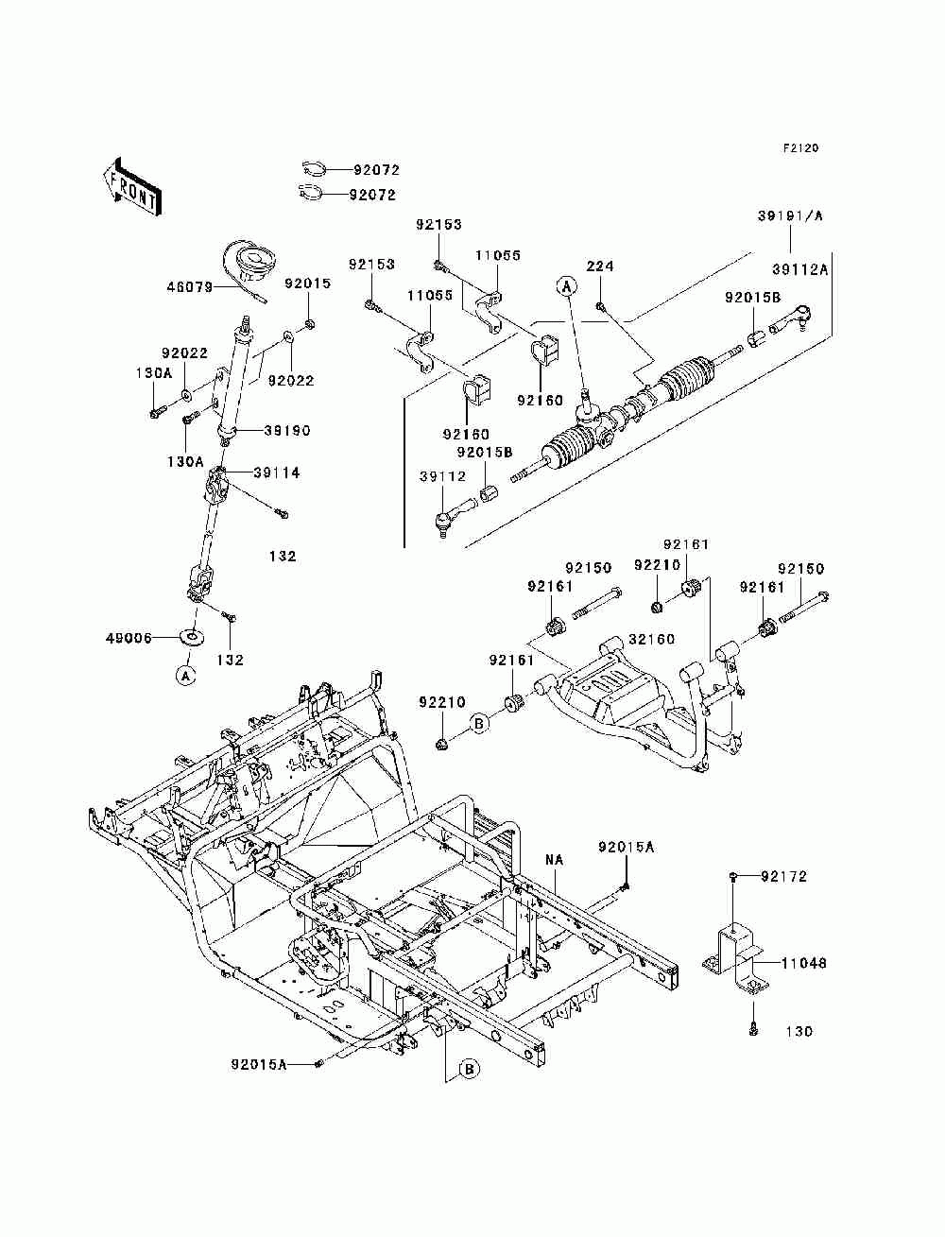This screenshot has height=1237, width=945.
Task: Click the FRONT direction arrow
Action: point(132,186)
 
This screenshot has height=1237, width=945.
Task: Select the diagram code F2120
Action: point(800,148)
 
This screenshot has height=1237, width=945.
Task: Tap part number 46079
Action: point(190,287)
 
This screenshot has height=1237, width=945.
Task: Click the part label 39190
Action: point(287,431)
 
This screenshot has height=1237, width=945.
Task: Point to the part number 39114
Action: point(277,472)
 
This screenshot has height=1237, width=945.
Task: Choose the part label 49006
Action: point(129,638)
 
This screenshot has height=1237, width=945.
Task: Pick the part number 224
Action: point(599,266)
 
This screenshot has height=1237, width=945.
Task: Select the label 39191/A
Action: point(790,215)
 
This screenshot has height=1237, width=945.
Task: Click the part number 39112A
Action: point(800,269)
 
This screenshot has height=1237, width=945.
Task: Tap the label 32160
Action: point(652,639)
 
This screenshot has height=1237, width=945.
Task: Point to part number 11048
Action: point(804,964)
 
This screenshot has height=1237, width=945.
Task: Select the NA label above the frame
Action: point(555,861)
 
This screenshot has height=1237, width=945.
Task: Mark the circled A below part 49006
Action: point(185,675)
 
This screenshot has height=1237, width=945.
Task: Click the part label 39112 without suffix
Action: point(443,477)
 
